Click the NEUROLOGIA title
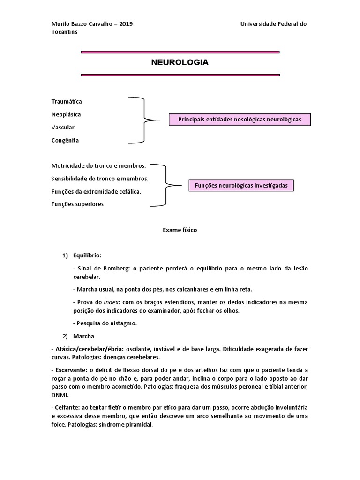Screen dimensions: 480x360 click(180, 62)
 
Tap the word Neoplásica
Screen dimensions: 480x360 click(66, 114)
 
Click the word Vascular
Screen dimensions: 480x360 click(63, 127)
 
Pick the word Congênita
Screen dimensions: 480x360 click(65, 140)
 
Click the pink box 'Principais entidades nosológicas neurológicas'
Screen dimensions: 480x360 click(240, 120)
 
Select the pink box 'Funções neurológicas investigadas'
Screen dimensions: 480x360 click(241, 186)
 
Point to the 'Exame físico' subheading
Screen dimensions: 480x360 click(180, 230)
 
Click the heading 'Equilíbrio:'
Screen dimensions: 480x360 click(87, 255)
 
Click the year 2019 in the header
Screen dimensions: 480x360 click(126, 24)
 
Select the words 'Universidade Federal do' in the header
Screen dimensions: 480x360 click(273, 24)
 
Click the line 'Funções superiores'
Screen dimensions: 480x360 click(77, 204)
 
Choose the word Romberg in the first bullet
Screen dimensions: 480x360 click(112, 268)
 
